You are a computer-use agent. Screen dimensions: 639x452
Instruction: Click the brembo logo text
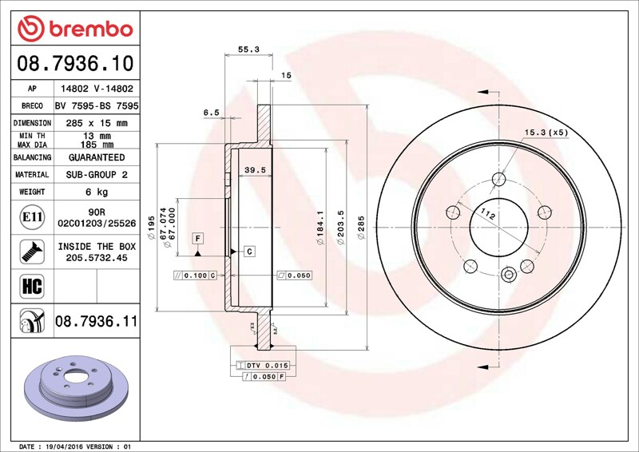click(91, 30)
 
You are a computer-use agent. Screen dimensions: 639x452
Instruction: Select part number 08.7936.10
click(75, 64)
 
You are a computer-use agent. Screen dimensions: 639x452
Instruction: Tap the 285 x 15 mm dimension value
click(97, 123)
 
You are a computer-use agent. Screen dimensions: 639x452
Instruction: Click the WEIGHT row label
click(32, 192)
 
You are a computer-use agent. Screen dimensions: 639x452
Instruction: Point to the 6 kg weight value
click(97, 192)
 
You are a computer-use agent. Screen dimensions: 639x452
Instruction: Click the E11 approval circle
click(32, 217)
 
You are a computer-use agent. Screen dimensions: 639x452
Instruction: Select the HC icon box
click(32, 286)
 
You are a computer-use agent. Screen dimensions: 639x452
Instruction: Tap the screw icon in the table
click(32, 252)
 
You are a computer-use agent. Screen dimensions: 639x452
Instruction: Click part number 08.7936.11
click(96, 321)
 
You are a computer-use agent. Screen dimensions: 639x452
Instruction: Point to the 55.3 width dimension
click(248, 50)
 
